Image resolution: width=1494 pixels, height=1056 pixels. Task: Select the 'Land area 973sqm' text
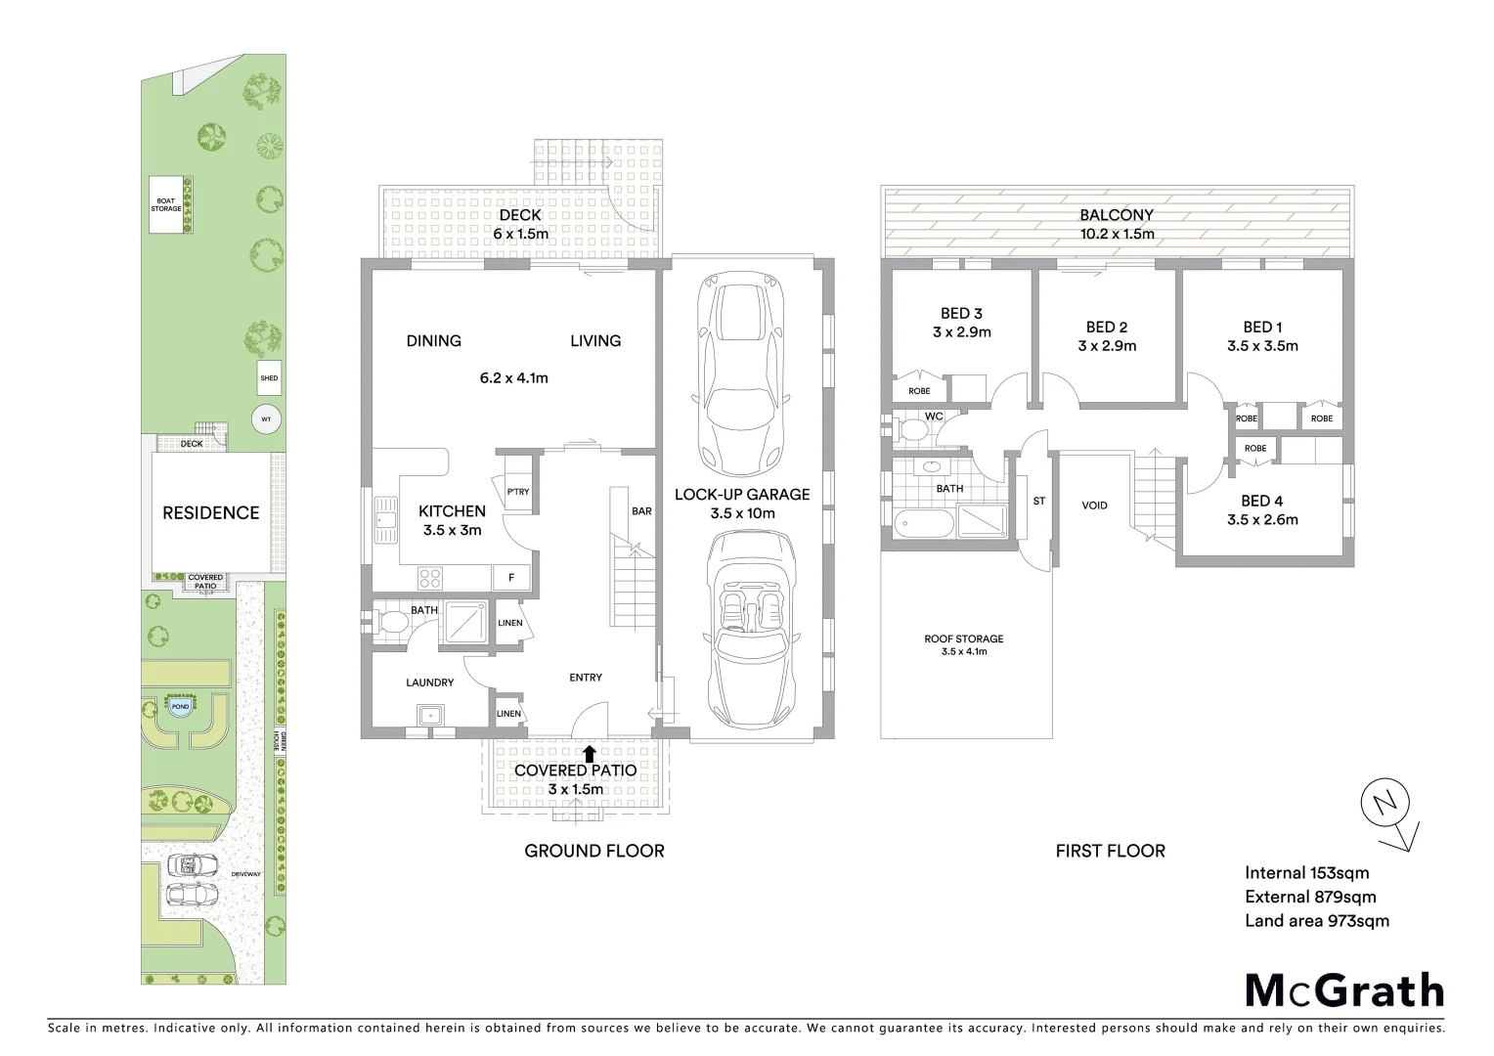coord(1316,920)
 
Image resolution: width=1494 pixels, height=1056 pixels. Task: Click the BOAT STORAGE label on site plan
coord(166,205)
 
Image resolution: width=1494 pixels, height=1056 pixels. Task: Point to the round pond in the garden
coord(180,707)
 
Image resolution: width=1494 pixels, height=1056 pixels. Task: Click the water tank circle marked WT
coord(266,418)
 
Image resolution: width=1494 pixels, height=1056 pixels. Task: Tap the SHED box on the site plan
coord(269,377)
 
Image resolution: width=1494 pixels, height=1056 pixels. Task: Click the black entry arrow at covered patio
coord(589,753)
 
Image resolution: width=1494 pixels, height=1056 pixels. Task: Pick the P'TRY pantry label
coord(518,491)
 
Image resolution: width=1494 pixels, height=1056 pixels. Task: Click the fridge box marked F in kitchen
coord(511,578)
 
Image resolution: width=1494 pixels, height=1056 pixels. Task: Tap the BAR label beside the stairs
coord(641,511)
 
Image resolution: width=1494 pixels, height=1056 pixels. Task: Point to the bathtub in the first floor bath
coord(922,523)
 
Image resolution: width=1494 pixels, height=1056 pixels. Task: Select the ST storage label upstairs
coord(1039,501)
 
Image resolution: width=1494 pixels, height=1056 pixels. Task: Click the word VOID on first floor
coord(1094,506)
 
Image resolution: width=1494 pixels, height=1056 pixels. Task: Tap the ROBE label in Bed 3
coord(919,391)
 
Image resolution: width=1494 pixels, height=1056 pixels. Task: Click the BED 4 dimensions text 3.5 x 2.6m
coord(1262,520)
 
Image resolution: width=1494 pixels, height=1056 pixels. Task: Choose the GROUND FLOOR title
coord(594,851)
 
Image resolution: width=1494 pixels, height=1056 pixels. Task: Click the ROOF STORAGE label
coord(964,638)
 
